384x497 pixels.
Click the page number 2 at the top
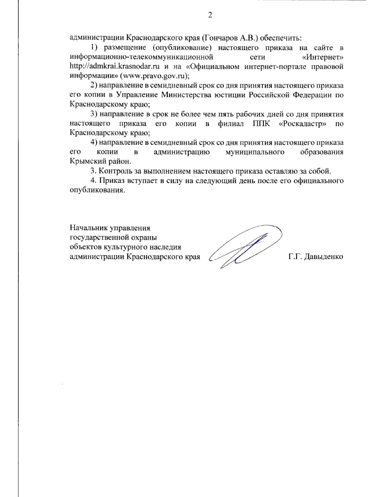coord(210,15)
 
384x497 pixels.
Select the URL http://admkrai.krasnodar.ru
coord(115,67)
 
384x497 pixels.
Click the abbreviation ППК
coord(259,124)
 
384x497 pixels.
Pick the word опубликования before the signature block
coord(96,190)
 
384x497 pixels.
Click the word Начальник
coord(89,228)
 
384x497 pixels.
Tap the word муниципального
coord(255,152)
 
